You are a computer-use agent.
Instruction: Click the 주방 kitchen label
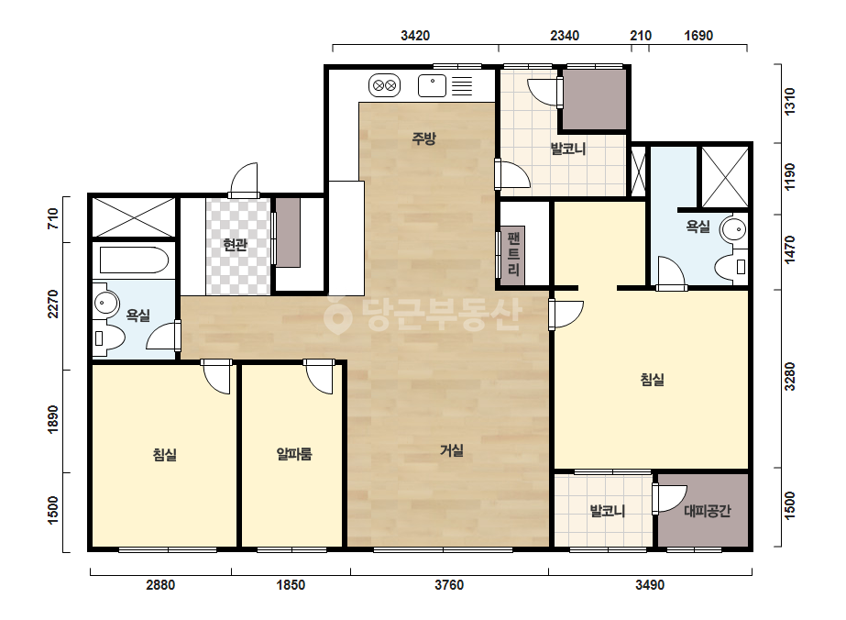click(423, 138)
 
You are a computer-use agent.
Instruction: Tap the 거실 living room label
click(452, 450)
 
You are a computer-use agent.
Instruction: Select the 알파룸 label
click(294, 454)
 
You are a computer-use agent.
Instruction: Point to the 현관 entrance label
click(236, 245)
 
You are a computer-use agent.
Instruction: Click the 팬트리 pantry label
click(513, 254)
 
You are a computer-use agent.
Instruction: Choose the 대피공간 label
click(708, 510)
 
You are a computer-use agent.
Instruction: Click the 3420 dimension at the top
click(415, 36)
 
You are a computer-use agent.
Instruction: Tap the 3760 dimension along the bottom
click(449, 585)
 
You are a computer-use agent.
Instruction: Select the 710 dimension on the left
click(53, 218)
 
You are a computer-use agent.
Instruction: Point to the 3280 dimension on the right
click(790, 376)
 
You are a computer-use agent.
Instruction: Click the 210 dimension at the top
click(641, 36)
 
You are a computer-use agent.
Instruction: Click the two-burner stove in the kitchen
click(385, 85)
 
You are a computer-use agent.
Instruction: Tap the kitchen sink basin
click(433, 86)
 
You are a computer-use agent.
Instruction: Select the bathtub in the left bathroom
click(135, 260)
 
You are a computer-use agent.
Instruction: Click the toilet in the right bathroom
click(731, 266)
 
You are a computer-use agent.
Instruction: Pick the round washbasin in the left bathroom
click(106, 304)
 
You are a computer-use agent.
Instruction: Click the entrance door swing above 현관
click(244, 179)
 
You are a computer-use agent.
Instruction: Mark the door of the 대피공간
click(668, 499)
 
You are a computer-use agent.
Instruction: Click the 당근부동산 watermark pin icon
click(337, 316)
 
